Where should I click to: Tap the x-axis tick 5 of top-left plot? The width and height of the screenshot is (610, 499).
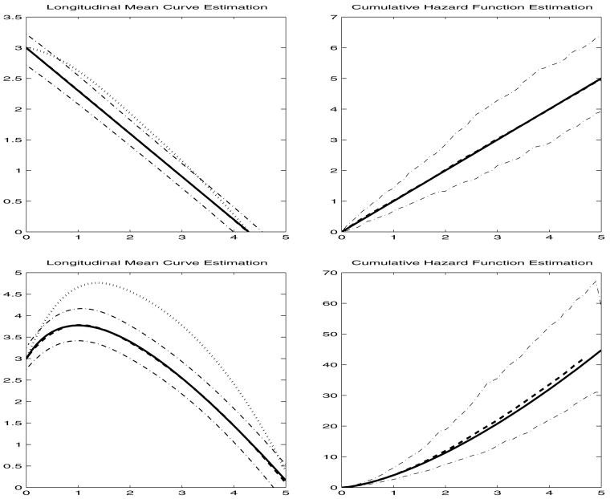[x=285, y=239]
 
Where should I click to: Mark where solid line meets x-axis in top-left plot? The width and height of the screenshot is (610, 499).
[x=246, y=231]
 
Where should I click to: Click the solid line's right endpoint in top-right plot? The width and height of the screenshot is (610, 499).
[x=601, y=79]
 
